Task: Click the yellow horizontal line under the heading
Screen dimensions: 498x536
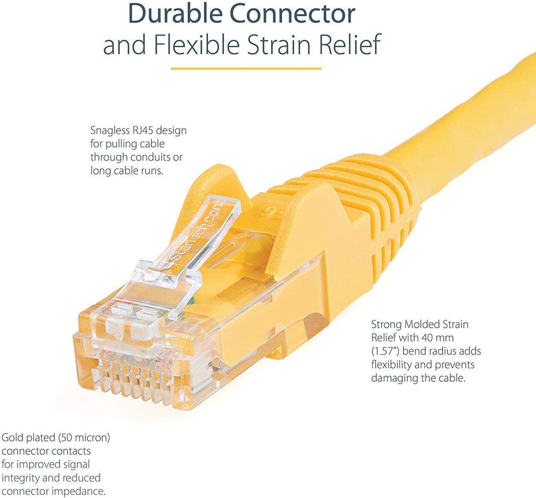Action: point(245,68)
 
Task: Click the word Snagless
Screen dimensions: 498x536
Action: point(110,130)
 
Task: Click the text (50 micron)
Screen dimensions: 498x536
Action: point(84,437)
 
